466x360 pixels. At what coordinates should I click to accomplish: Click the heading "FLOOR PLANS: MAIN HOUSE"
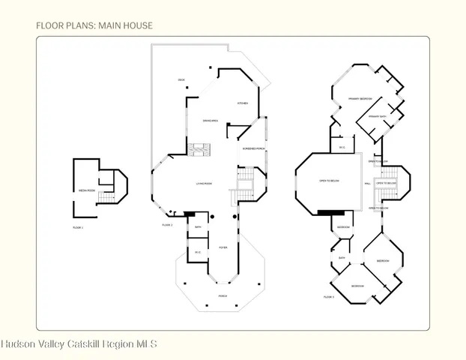coord(94,25)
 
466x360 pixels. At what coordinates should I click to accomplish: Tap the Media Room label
coord(87,190)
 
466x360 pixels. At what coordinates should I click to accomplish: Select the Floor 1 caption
coord(78,227)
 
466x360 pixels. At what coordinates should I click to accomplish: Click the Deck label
coord(181,79)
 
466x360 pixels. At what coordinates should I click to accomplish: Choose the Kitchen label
coord(243,103)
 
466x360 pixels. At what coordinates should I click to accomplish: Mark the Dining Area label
coord(210,121)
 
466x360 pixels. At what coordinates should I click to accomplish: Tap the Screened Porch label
coord(253,149)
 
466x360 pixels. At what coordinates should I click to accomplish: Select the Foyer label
coord(223,247)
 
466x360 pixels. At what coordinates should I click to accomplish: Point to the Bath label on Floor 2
coord(198,226)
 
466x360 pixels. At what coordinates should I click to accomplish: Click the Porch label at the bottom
coord(223,296)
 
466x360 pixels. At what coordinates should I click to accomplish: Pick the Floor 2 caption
coord(167,225)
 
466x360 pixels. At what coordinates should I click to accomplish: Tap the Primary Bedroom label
coord(360,98)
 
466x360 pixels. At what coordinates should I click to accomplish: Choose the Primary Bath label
coord(377,117)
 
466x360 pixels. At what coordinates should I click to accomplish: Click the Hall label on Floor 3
coord(367,183)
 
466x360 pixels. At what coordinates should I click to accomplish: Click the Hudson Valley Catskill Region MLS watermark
coord(79,344)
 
